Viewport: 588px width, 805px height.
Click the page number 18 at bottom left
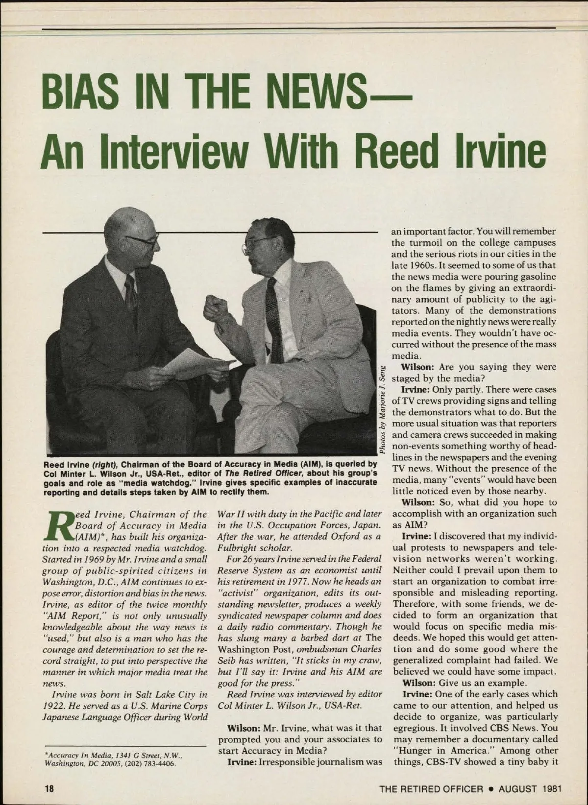(x=49, y=788)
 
